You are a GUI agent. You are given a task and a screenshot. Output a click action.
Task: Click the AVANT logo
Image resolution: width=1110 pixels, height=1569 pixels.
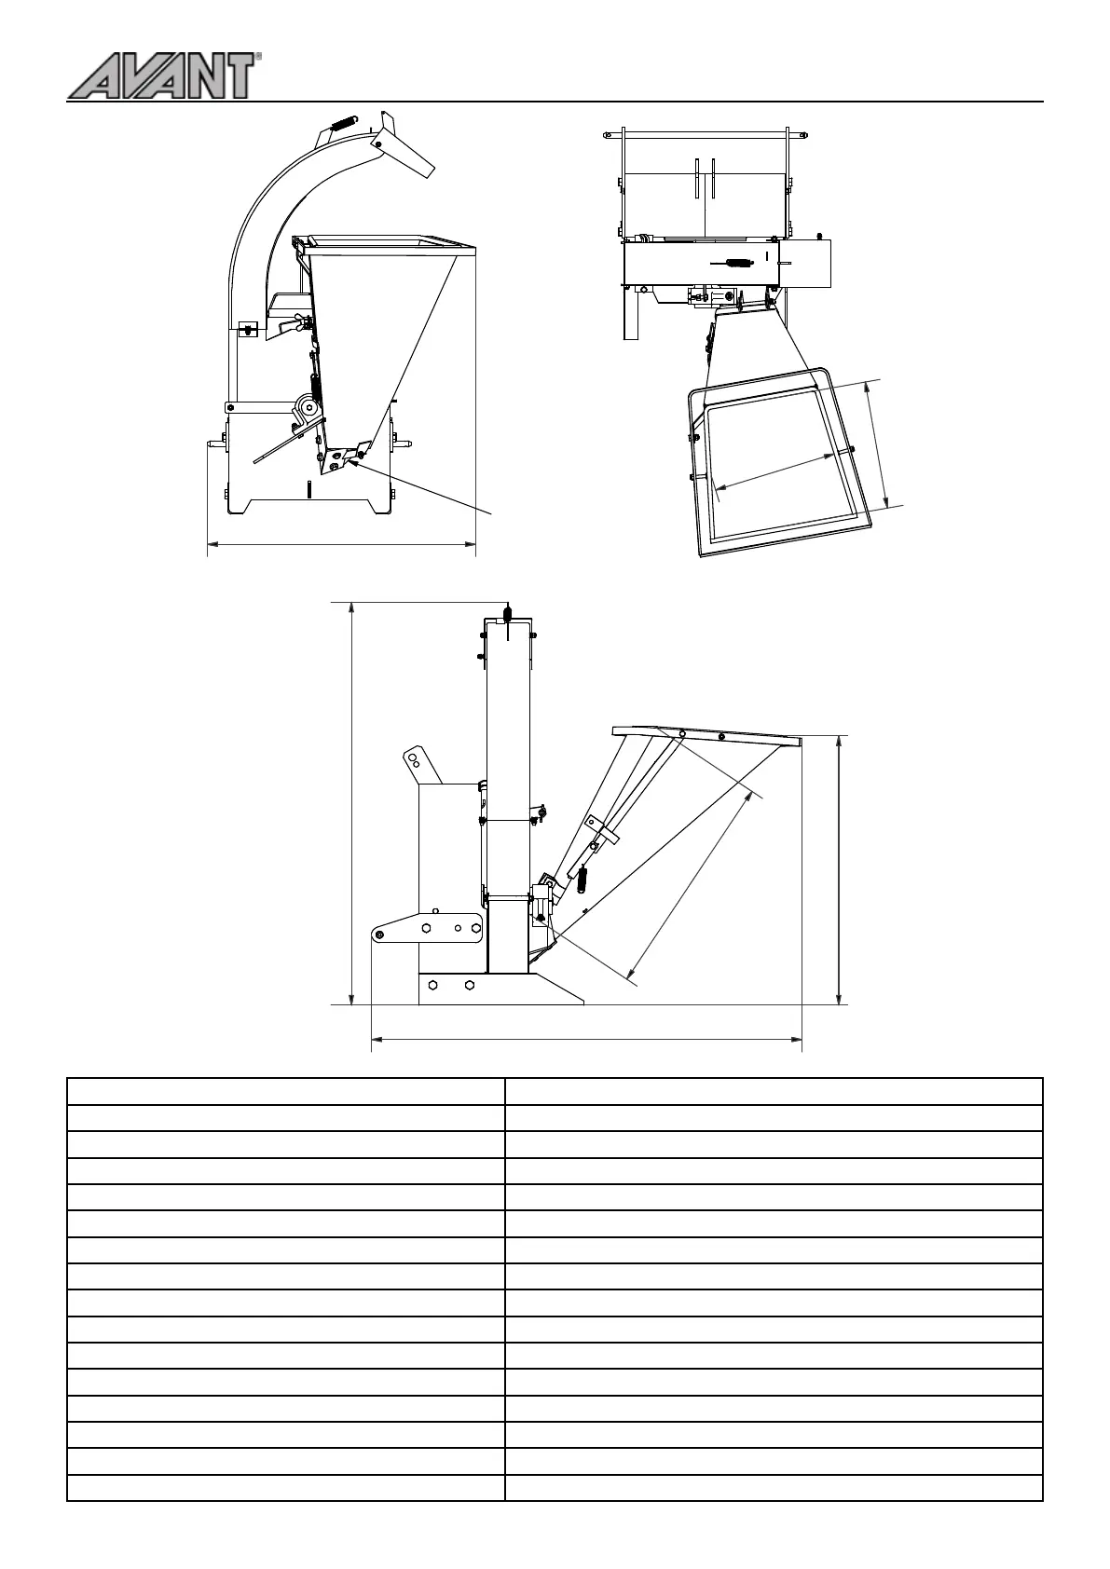pos(162,75)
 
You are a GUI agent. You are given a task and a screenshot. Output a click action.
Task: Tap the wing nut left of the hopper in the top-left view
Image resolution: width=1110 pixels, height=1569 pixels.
pos(300,322)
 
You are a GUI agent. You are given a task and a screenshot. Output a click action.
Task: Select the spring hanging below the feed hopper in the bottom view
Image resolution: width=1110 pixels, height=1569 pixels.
pos(583,878)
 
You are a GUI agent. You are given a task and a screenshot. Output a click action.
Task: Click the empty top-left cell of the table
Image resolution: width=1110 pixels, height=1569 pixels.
pos(285,1091)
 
